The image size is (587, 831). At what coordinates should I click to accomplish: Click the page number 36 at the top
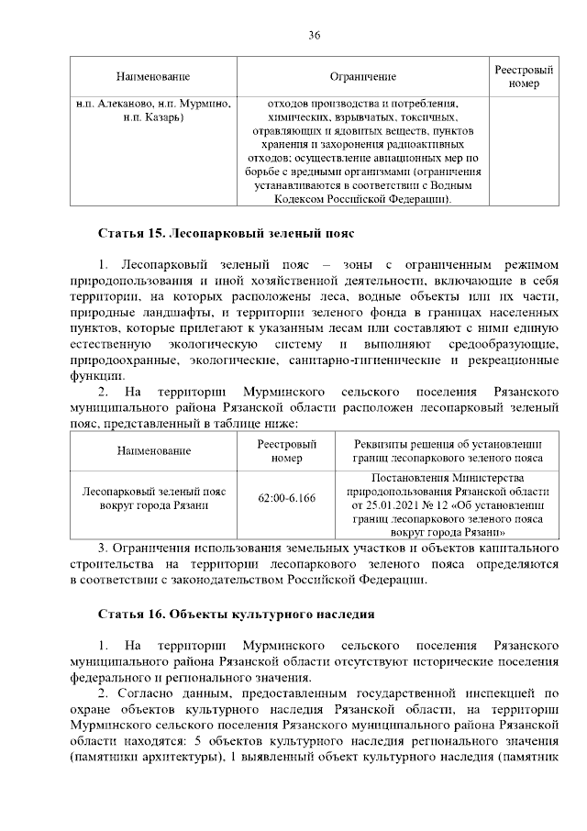coord(314,35)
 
